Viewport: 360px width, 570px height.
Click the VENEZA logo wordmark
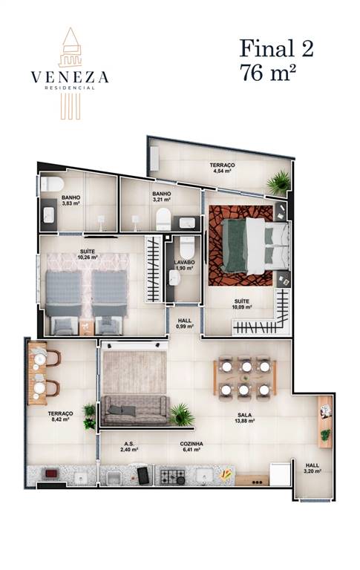70,76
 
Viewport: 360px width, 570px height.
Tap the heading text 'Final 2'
276,48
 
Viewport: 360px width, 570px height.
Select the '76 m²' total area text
267,71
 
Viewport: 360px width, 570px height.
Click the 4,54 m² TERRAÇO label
222,168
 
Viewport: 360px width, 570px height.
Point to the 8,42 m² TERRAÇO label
60,416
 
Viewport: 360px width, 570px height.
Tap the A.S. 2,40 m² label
129,446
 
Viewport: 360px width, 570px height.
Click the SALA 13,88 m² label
245,418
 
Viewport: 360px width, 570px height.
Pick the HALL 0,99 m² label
184,323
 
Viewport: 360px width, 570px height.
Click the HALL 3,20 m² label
312,468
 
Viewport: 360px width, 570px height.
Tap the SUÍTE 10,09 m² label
242,304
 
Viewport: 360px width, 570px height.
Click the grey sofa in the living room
135,410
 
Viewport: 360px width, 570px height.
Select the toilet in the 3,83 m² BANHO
52,184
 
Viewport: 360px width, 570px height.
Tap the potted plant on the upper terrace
279,182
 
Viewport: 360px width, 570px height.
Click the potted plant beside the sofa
181,414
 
